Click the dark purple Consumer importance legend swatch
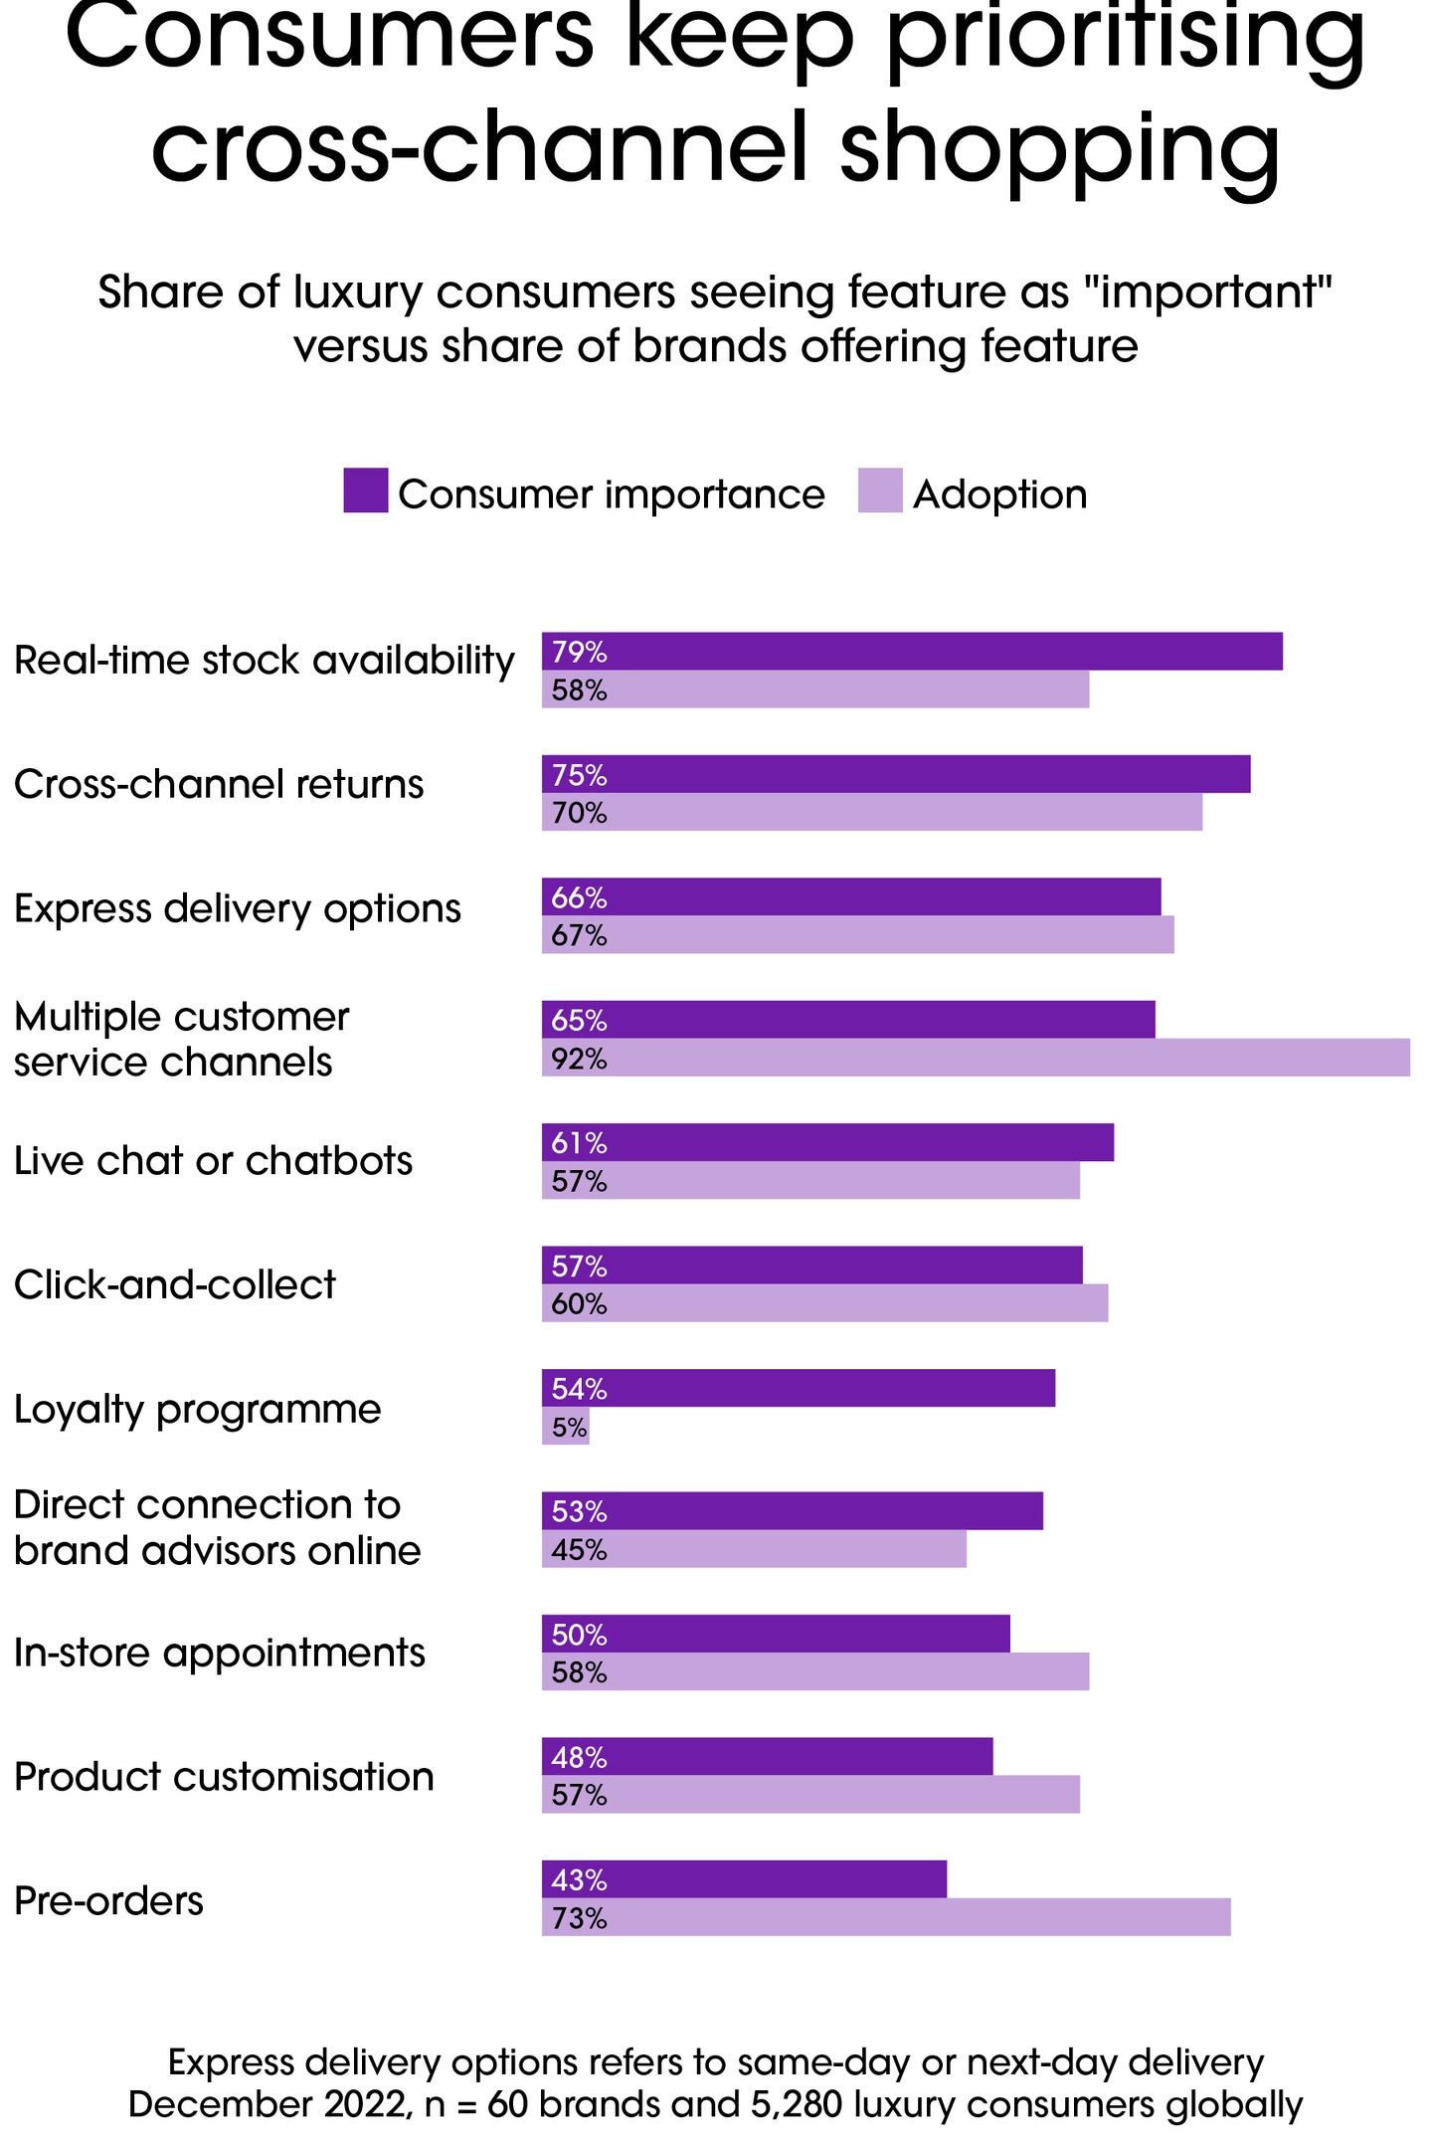pyautogui.click(x=365, y=490)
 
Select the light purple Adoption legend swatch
pyautogui.click(x=880, y=490)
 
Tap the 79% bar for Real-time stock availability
pyautogui.click(x=912, y=652)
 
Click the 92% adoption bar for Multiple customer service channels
pyautogui.click(x=976, y=1058)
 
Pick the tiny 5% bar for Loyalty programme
pyautogui.click(x=566, y=1427)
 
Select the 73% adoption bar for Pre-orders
pyautogui.click(x=886, y=1917)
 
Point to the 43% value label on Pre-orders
pyautogui.click(x=579, y=1879)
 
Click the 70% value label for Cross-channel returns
pyautogui.click(x=579, y=813)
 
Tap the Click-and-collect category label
pyautogui.click(x=175, y=1284)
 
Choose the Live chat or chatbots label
pyautogui.click(x=213, y=1161)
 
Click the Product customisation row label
pyautogui.click(x=224, y=1776)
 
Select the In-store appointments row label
pyautogui.click(x=219, y=1653)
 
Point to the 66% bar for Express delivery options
pyautogui.click(x=851, y=897)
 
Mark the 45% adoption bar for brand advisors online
pyautogui.click(x=754, y=1549)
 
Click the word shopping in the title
pyautogui.click(x=1060, y=149)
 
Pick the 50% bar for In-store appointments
pyautogui.click(x=776, y=1634)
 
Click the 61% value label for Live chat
pyautogui.click(x=579, y=1143)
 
